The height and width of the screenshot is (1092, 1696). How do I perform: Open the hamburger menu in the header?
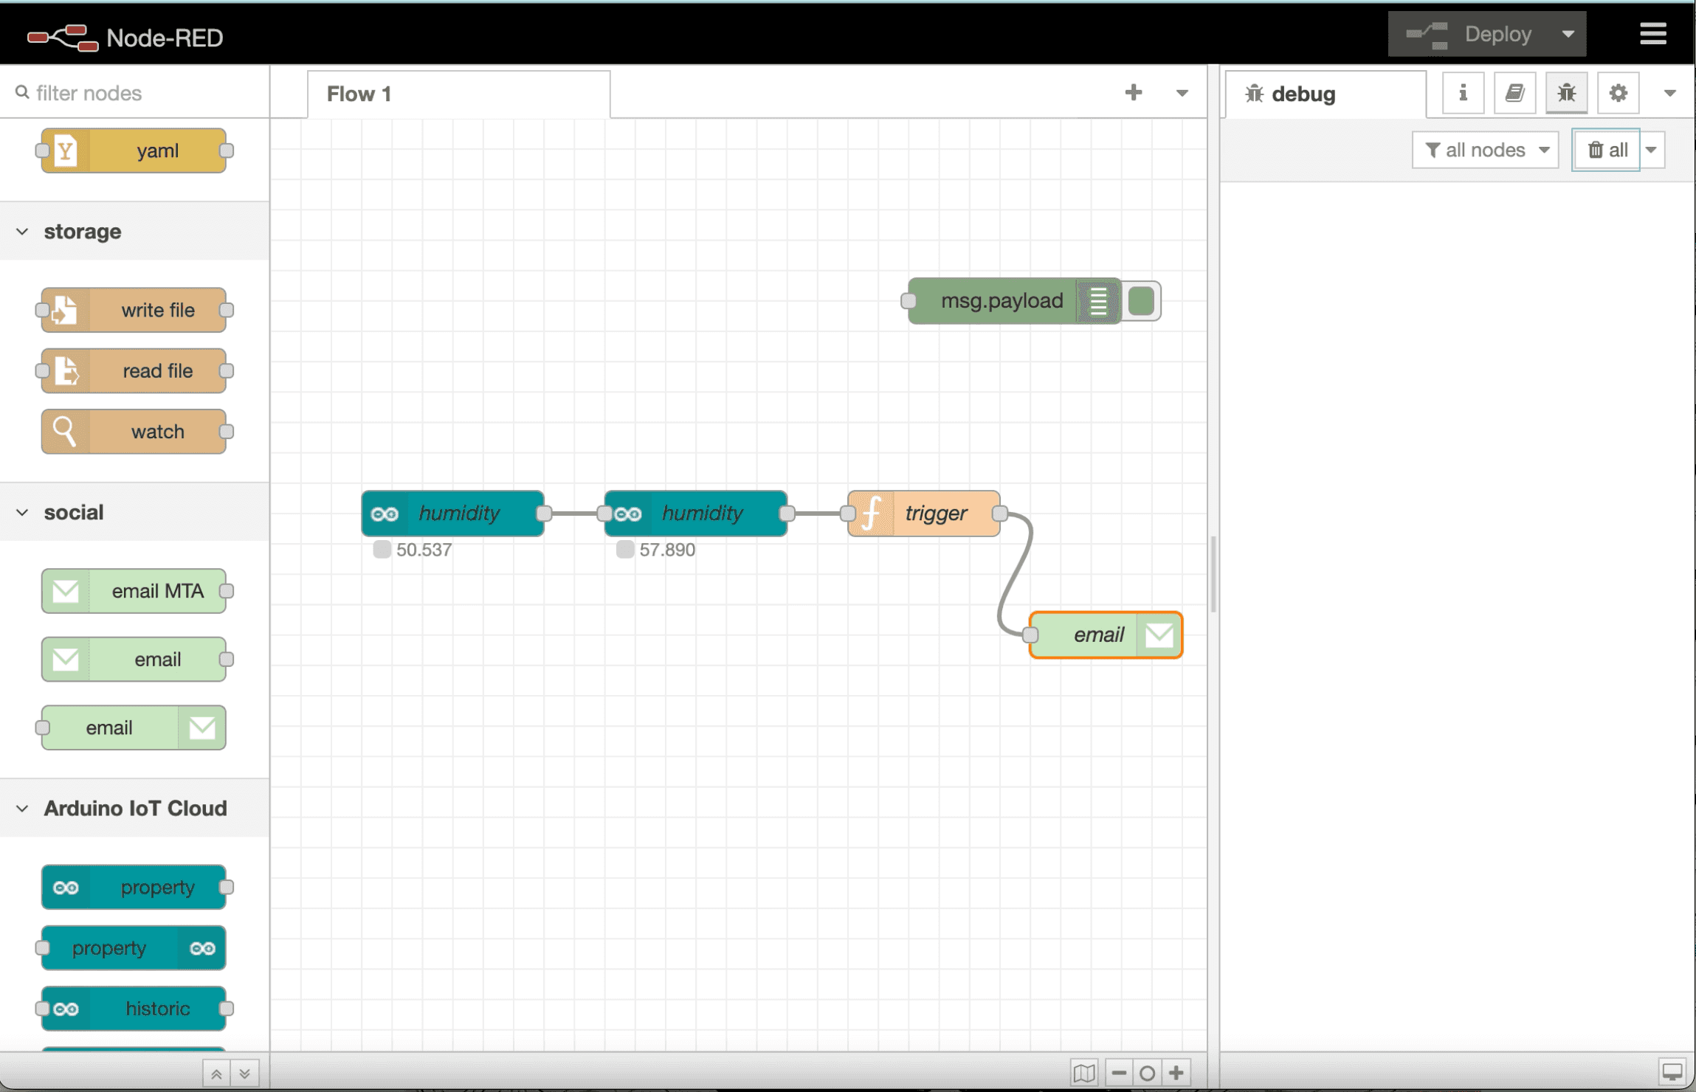[x=1652, y=34]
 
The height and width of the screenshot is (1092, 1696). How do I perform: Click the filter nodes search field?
[x=140, y=93]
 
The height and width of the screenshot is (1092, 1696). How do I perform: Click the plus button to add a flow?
[x=1133, y=93]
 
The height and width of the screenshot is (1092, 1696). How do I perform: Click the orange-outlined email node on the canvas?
[x=1097, y=635]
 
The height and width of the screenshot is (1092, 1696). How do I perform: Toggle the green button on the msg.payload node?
[x=1141, y=301]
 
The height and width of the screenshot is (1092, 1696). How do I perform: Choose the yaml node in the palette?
[x=134, y=151]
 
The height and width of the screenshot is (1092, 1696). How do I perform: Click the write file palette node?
[x=134, y=311]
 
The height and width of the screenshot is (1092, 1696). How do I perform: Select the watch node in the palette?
[x=134, y=432]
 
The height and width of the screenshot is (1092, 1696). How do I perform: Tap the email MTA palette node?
[x=134, y=591]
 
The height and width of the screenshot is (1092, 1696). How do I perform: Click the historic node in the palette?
[x=134, y=1009]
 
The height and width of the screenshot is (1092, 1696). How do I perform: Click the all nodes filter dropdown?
[x=1485, y=151]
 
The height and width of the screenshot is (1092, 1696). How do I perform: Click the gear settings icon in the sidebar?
[x=1618, y=93]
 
